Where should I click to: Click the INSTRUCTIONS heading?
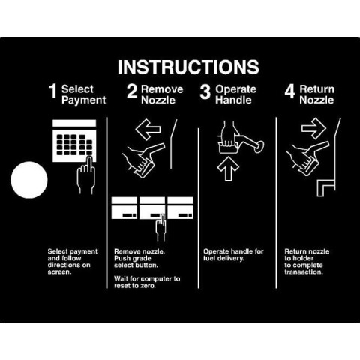tap(188, 67)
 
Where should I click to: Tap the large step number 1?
tap(53, 91)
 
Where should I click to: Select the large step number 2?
tap(132, 91)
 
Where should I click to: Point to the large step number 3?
tap(205, 91)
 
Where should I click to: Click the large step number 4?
tap(289, 91)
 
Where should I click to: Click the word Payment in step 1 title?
tap(84, 100)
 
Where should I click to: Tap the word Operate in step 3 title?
tap(235, 89)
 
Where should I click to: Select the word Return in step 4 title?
tap(316, 88)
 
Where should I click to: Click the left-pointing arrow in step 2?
tap(148, 129)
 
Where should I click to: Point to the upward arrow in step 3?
tap(228, 169)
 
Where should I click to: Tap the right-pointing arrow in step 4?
tap(313, 128)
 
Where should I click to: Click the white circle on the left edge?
tap(29, 180)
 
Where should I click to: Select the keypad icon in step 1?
tap(74, 141)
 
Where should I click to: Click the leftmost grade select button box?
tap(124, 208)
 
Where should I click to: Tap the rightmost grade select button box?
tap(180, 208)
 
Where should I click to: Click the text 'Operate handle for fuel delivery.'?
tap(233, 254)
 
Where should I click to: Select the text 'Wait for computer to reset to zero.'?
tap(147, 282)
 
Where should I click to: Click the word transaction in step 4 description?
tap(304, 271)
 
